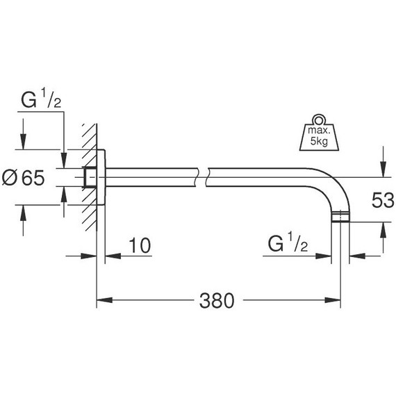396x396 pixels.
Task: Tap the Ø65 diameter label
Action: click(x=23, y=178)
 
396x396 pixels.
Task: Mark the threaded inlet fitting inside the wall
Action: click(x=88, y=178)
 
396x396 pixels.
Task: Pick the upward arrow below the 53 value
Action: click(x=381, y=229)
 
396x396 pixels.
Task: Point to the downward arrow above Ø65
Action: click(x=23, y=142)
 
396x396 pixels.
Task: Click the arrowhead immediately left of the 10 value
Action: click(x=111, y=255)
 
